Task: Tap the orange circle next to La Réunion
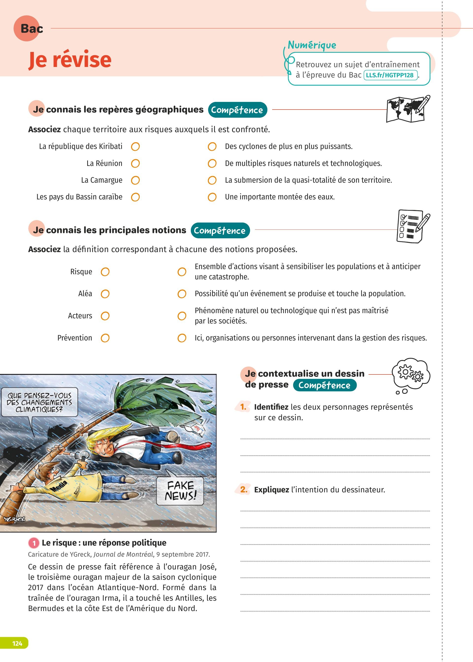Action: pyautogui.click(x=135, y=163)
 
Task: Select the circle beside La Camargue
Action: pyautogui.click(x=135, y=180)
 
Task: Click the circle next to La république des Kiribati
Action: pyautogui.click(x=135, y=147)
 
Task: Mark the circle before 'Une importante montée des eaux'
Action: pyautogui.click(x=212, y=197)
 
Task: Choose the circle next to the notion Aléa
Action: pyautogui.click(x=105, y=294)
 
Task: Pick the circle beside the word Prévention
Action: pyautogui.click(x=105, y=338)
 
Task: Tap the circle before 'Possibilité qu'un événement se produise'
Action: pyautogui.click(x=182, y=294)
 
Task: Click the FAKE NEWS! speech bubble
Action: pyautogui.click(x=180, y=491)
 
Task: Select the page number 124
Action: pyautogui.click(x=17, y=643)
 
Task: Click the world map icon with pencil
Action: pyautogui.click(x=408, y=109)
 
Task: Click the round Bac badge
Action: pyautogui.click(x=27, y=29)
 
